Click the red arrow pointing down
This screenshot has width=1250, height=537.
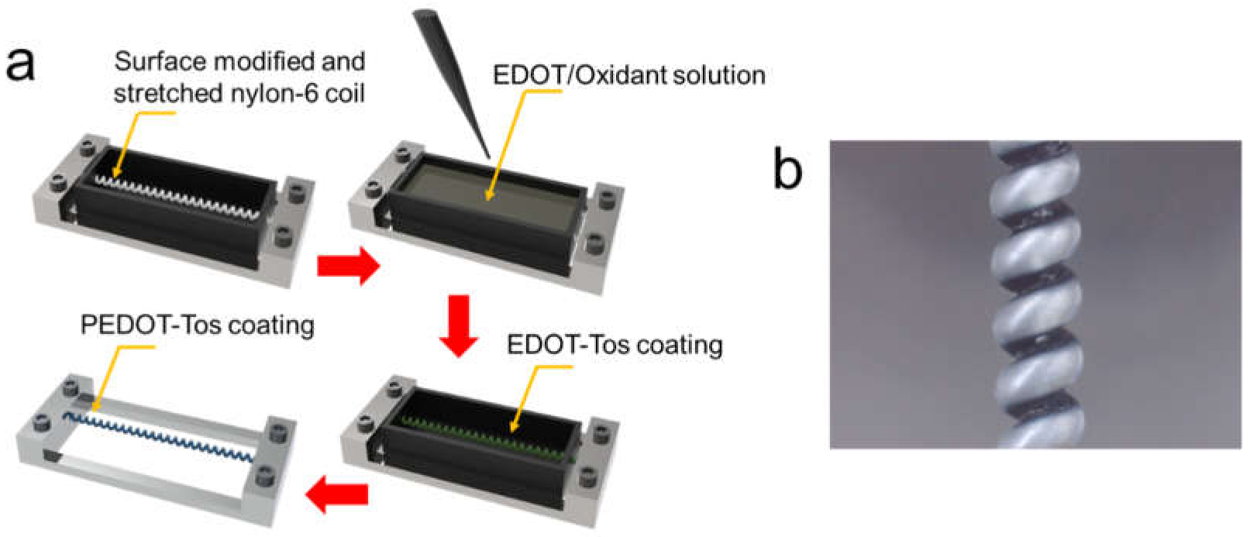[459, 325]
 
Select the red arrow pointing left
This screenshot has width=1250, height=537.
[337, 494]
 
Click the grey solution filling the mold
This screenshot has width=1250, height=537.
[488, 186]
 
